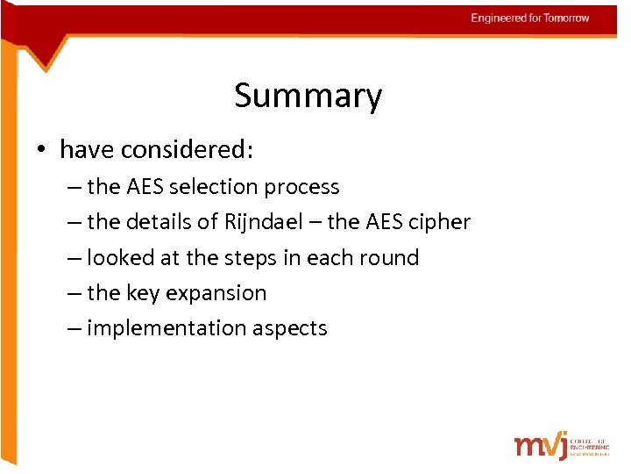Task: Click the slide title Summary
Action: click(x=308, y=96)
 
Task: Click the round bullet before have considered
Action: click(x=41, y=150)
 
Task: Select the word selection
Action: click(x=209, y=187)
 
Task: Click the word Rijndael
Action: click(x=262, y=223)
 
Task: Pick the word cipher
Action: click(x=442, y=223)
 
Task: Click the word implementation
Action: click(x=167, y=328)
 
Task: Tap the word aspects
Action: click(x=290, y=329)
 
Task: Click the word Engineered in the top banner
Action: click(x=499, y=18)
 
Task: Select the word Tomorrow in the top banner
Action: click(x=567, y=18)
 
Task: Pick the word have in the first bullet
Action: click(x=87, y=150)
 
